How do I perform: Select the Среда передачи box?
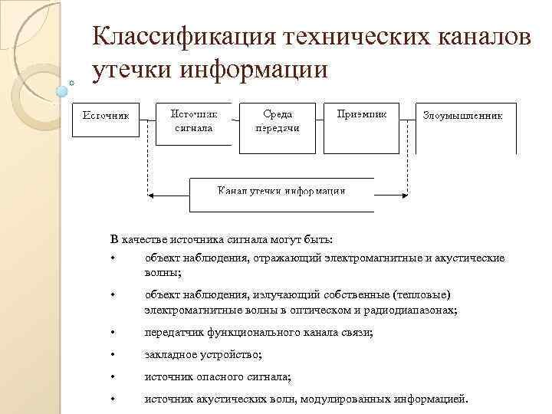[x=277, y=123]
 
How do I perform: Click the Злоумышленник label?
[x=462, y=117]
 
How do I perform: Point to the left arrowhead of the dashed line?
[x=149, y=192]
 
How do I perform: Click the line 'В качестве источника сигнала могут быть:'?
[x=222, y=241]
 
